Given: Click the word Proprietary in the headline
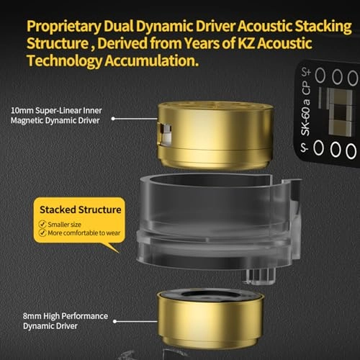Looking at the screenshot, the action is point(64,27).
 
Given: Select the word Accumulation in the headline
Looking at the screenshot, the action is point(152,60).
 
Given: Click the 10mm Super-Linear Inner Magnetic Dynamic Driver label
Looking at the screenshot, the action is point(56,115).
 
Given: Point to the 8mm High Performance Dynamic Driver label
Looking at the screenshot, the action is point(66,321).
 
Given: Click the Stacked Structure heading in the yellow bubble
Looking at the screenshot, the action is point(81,210).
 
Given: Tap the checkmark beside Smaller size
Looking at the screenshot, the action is point(42,224).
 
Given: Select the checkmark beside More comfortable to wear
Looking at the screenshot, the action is point(42,233).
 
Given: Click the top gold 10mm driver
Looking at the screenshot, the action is point(215,135).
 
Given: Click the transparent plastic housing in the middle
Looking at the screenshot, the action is point(218,221).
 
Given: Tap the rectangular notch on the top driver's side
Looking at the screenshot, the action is point(166,135).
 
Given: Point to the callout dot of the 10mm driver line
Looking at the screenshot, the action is point(113,119).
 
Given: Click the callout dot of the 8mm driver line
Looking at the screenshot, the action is point(114,321).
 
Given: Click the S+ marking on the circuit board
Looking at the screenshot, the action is point(306,72).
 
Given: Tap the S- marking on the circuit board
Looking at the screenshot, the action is point(305,148).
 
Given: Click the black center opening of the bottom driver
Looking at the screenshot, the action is point(210,295).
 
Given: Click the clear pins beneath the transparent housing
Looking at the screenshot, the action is point(260,276).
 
